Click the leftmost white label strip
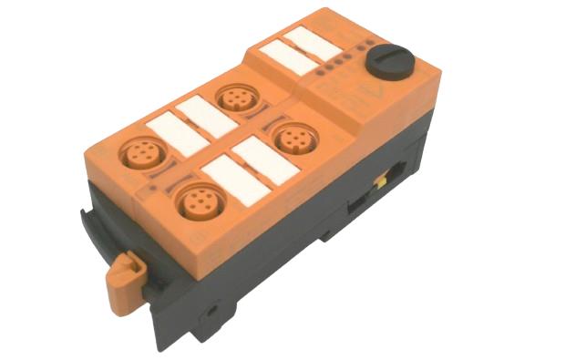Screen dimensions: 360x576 point(176,135)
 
